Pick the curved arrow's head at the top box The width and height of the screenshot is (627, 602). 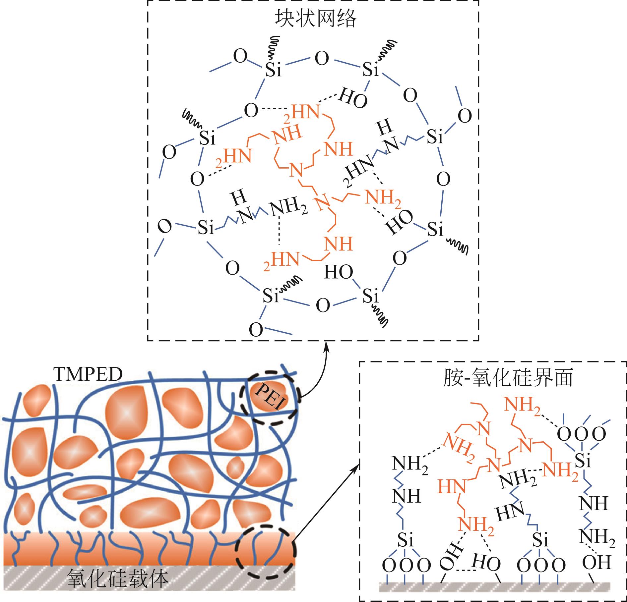click(327, 346)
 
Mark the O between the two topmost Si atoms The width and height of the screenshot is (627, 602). click(321, 59)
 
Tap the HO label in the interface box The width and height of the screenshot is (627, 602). click(486, 562)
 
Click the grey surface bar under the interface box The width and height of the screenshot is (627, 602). click(494, 586)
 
